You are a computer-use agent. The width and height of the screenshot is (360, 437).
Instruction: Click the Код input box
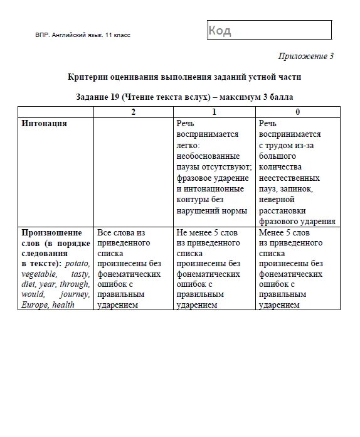[268, 30]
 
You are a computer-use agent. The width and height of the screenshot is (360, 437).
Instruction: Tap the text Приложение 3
[307, 57]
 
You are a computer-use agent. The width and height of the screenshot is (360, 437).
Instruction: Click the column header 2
[133, 112]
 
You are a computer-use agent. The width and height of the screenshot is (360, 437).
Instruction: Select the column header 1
[214, 112]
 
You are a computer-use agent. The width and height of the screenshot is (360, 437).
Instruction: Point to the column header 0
[297, 112]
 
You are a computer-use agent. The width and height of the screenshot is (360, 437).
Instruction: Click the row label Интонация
[44, 124]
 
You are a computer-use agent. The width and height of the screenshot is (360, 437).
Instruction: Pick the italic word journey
[76, 294]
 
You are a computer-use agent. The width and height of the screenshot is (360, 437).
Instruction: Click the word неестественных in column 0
[289, 178]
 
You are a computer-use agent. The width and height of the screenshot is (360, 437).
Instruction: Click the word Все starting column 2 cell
[103, 232]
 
